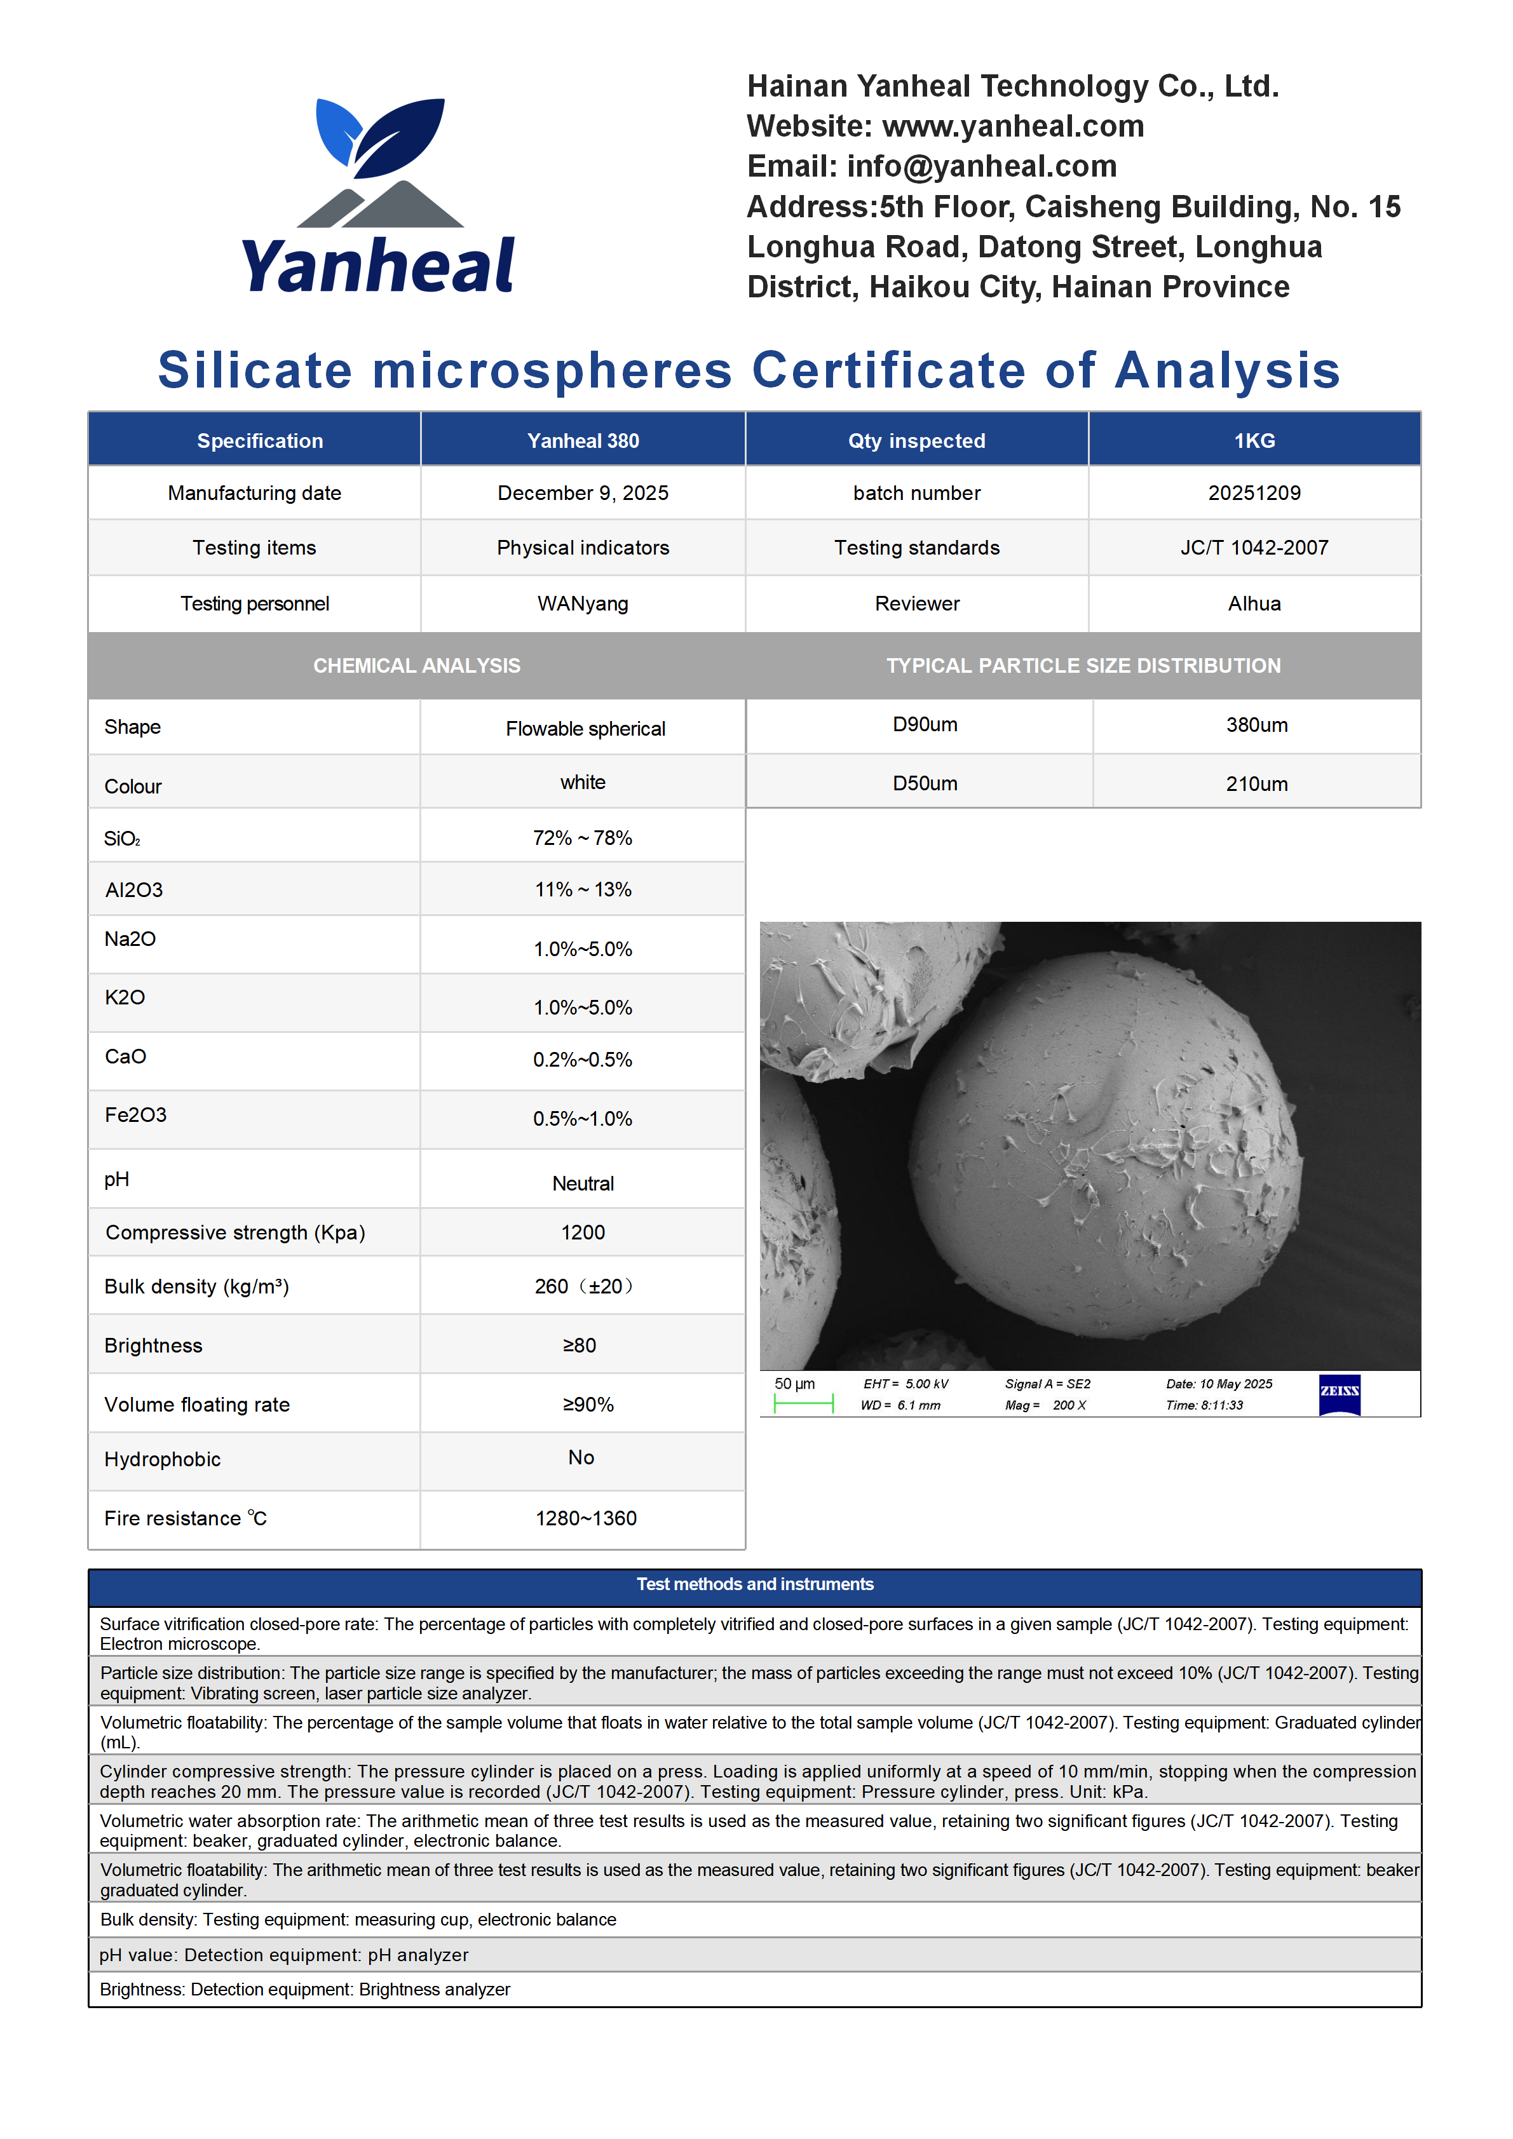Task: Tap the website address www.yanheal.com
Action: (1013, 126)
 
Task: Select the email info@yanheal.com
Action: (981, 166)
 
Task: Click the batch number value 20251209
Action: (1254, 493)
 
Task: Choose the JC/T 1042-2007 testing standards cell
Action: (1254, 548)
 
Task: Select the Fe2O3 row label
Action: (136, 1114)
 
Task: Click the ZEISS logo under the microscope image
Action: (1339, 1394)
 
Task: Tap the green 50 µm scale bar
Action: (803, 1403)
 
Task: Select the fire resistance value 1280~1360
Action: (586, 1518)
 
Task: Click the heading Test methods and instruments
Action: (755, 1584)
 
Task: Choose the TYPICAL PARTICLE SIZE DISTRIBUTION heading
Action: (1083, 665)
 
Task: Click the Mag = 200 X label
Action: (1045, 1405)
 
